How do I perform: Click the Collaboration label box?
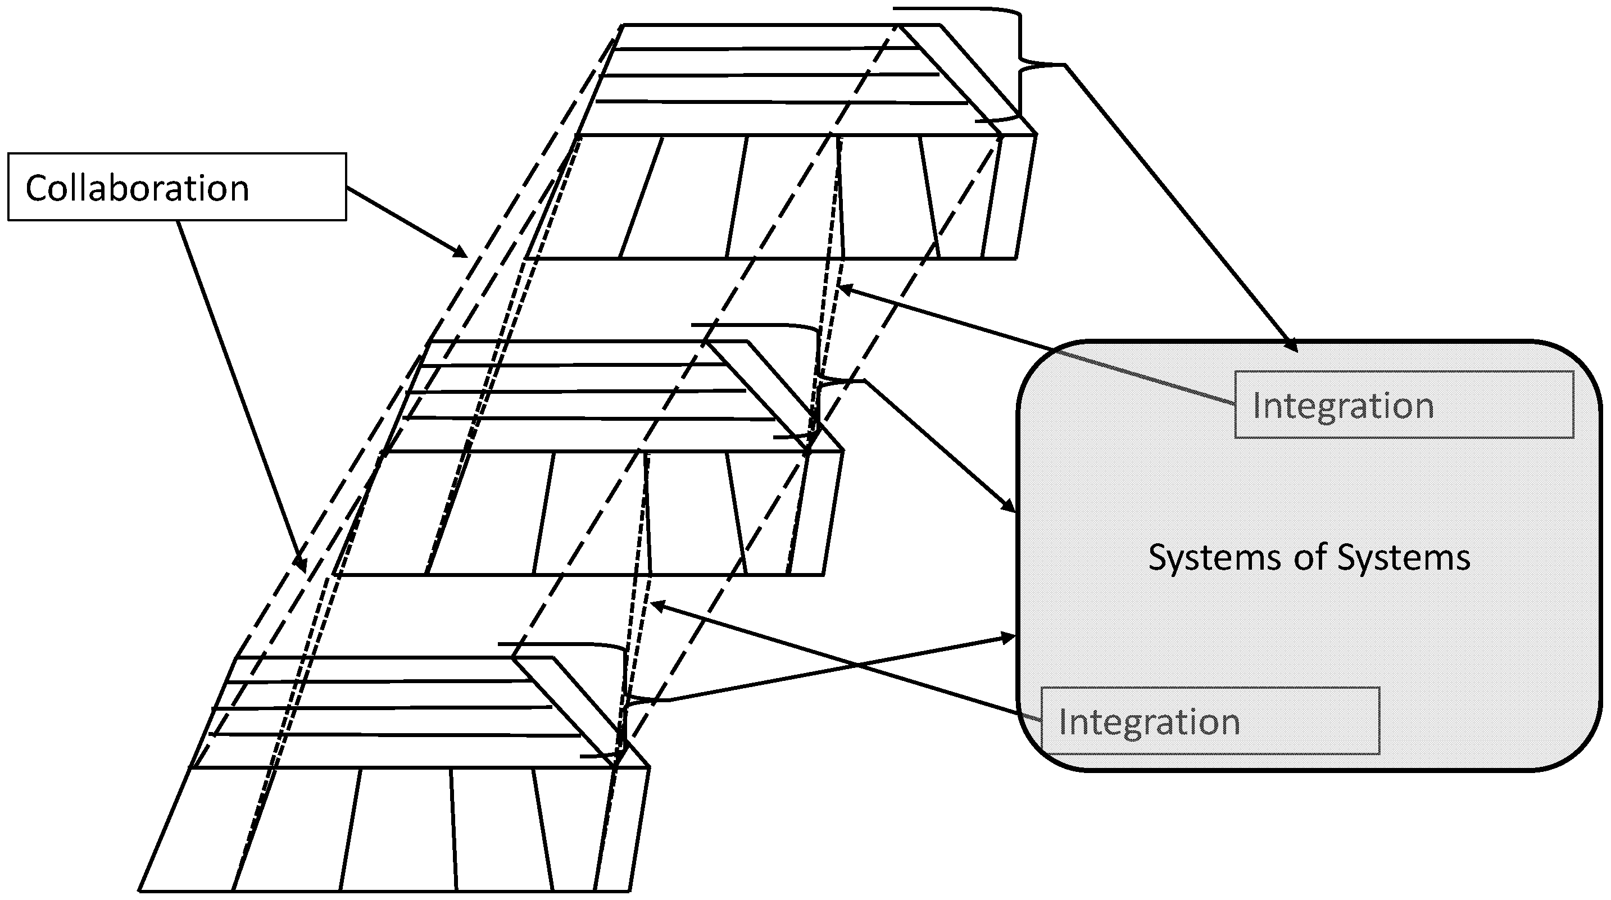pos(176,187)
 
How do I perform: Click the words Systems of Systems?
pos(1309,557)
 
